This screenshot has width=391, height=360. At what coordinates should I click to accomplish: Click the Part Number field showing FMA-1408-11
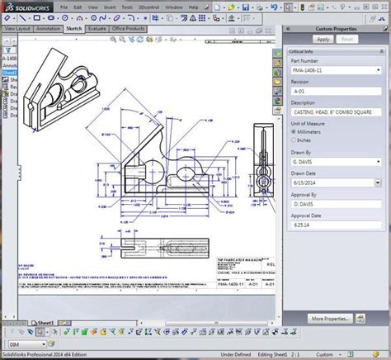coord(333,71)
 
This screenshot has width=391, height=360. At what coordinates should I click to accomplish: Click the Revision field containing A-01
coord(333,91)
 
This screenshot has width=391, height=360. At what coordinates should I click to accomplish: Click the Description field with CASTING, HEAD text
coord(333,111)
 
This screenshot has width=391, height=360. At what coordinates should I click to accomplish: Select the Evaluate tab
coord(97,27)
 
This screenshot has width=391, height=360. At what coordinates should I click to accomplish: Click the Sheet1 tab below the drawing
coord(44,324)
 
